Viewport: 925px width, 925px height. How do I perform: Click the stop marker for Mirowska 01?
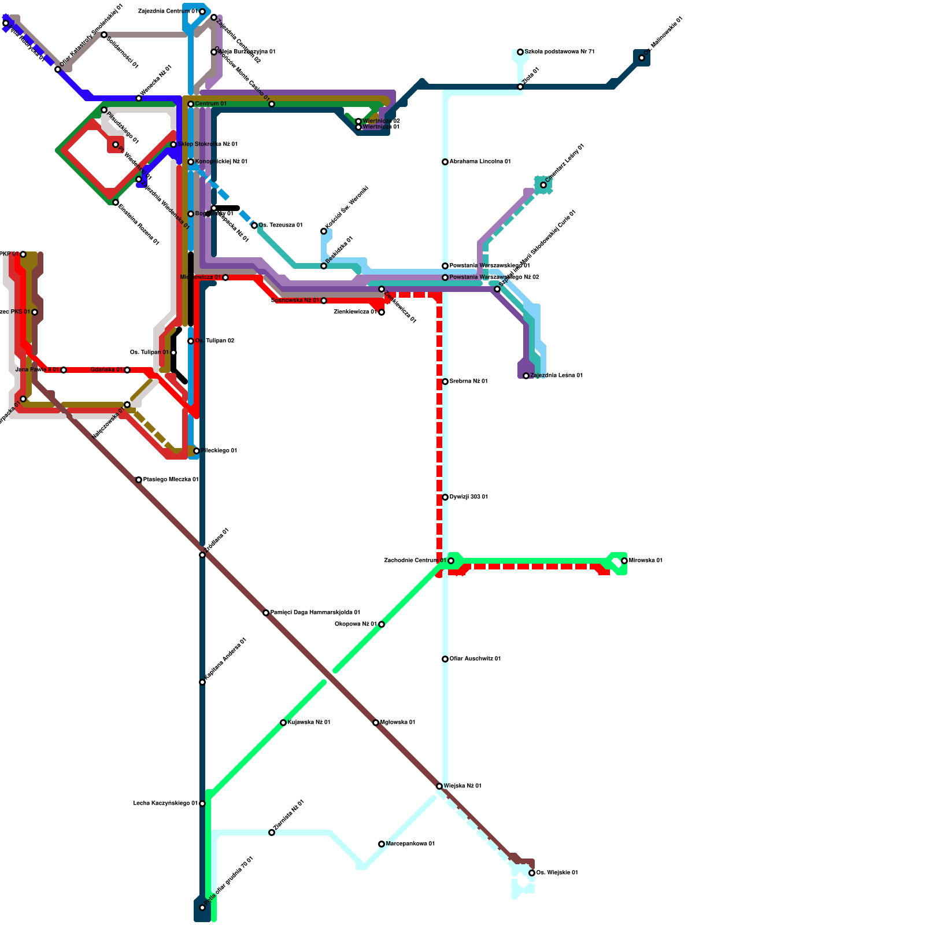tap(624, 561)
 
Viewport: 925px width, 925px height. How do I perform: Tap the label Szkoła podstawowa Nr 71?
tap(559, 52)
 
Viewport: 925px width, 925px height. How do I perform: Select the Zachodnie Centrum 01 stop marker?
tap(451, 561)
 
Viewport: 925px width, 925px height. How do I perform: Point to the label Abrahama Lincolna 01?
tap(480, 162)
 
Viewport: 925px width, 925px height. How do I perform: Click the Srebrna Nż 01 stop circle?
tap(445, 382)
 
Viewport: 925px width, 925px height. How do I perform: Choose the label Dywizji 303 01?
tap(468, 497)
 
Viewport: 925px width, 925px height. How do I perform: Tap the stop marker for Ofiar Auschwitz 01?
tap(445, 659)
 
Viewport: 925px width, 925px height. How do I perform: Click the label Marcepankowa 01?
tap(410, 844)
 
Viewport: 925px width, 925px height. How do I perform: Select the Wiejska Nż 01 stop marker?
tap(439, 786)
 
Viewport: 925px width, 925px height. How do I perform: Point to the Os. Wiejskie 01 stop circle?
tap(532, 873)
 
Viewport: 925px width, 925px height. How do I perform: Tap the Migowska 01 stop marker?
tap(376, 723)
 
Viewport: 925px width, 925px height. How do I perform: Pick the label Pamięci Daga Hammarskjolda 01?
tap(315, 613)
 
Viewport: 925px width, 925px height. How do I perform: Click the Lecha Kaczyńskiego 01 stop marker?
tap(202, 804)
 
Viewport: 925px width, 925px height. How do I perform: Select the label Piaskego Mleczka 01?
tap(171, 480)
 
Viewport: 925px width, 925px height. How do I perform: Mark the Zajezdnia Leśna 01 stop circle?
tap(526, 376)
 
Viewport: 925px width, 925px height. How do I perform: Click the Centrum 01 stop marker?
tap(191, 104)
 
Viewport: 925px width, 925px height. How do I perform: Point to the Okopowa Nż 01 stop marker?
tap(382, 624)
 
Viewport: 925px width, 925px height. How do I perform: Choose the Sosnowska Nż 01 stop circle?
tap(324, 301)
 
